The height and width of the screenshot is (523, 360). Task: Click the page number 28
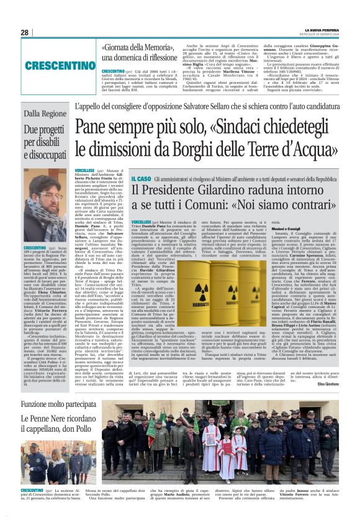tap(24, 32)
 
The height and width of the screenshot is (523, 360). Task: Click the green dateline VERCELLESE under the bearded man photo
tap(84, 170)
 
